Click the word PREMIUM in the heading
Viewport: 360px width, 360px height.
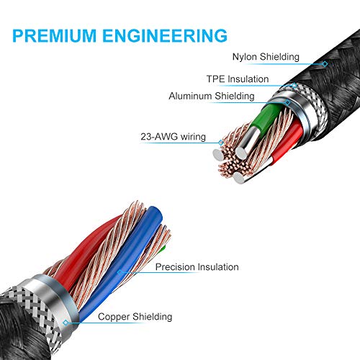click(x=54, y=35)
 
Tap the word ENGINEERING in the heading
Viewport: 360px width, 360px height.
click(x=165, y=35)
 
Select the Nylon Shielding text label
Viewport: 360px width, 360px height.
click(x=266, y=57)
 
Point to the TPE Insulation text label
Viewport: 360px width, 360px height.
click(x=238, y=79)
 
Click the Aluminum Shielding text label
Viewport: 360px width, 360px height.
click(x=212, y=96)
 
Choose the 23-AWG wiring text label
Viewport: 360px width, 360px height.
click(x=174, y=137)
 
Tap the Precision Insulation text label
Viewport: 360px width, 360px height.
click(x=197, y=267)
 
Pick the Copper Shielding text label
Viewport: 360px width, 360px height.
click(x=135, y=317)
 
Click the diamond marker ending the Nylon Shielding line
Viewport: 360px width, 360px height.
click(x=325, y=64)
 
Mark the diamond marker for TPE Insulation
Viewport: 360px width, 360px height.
click(x=294, y=85)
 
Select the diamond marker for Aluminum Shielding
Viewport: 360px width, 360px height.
click(x=288, y=103)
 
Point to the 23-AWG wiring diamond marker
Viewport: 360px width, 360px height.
click(x=221, y=143)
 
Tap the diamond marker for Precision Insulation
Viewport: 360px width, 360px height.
click(x=120, y=272)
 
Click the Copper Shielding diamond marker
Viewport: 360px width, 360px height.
click(x=66, y=323)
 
